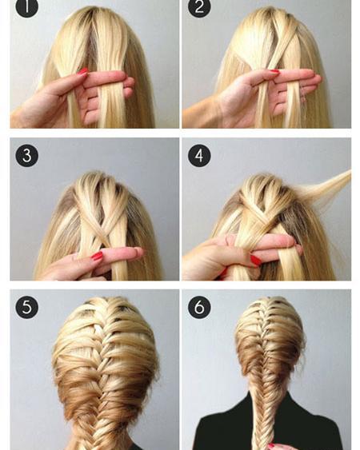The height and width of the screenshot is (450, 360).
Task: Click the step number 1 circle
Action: (x=26, y=7)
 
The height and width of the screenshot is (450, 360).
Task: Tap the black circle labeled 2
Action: (x=199, y=7)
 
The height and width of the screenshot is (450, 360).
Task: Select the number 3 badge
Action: (x=26, y=156)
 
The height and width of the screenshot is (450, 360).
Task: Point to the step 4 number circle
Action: (x=199, y=156)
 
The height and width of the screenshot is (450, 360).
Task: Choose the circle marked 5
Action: (x=26, y=307)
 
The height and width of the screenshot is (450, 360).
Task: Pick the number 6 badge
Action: (x=199, y=307)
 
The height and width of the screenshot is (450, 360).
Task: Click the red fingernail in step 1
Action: (x=82, y=71)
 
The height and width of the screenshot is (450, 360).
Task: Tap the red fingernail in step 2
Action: (x=274, y=71)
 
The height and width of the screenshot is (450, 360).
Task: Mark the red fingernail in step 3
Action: (x=97, y=256)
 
